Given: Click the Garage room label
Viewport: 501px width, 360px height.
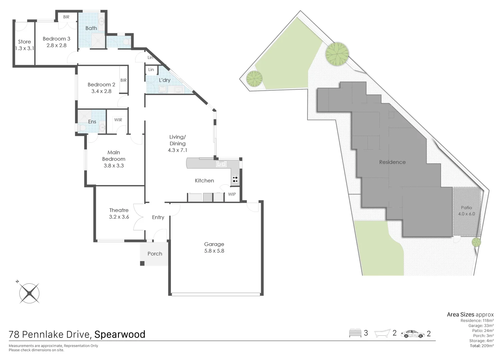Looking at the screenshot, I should [x=214, y=248].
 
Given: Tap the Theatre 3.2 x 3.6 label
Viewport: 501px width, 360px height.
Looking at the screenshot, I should [x=119, y=213].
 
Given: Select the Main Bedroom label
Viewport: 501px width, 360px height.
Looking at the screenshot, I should [x=114, y=159].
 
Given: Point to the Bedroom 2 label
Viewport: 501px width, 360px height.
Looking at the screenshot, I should [x=101, y=88].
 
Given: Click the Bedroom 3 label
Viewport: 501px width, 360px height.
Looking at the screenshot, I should [x=56, y=42].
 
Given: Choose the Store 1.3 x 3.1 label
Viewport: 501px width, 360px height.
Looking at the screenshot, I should [x=24, y=45].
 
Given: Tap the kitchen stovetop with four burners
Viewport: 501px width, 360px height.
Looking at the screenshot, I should [x=235, y=179].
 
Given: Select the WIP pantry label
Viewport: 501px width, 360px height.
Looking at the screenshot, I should [x=232, y=194].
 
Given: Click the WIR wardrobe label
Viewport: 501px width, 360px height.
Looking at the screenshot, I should [x=118, y=120].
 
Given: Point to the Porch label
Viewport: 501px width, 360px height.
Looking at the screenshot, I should [x=155, y=254].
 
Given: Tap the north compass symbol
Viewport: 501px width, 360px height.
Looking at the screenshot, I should [x=29, y=293].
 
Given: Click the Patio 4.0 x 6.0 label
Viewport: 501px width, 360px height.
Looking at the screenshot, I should [x=466, y=211].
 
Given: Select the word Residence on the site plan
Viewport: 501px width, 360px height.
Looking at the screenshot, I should [x=392, y=162].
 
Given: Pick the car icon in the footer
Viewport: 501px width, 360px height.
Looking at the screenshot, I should [x=413, y=334].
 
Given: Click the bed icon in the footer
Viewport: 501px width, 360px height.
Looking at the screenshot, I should [x=355, y=333].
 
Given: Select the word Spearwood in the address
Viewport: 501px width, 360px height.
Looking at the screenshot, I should [x=120, y=334].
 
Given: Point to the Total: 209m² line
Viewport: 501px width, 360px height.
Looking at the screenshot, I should [x=482, y=346].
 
